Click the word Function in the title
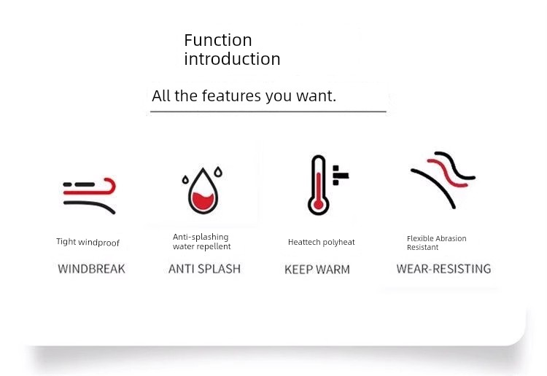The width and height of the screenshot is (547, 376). (x=218, y=40)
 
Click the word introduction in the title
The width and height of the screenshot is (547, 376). (x=233, y=58)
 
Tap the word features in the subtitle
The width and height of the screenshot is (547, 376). (x=231, y=95)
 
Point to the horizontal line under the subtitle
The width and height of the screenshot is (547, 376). (x=268, y=111)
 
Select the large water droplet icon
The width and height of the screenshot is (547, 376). (x=203, y=191)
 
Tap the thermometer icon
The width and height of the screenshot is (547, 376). (x=318, y=185)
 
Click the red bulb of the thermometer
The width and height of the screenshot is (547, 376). (x=318, y=205)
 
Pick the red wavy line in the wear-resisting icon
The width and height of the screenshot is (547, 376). (x=448, y=173)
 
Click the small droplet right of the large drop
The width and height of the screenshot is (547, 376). (x=218, y=171)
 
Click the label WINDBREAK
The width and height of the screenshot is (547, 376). (x=91, y=269)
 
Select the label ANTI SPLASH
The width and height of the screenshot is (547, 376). (x=204, y=269)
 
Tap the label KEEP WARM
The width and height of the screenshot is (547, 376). (x=317, y=270)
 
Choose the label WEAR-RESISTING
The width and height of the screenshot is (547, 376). (x=443, y=269)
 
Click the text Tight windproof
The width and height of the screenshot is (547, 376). (x=88, y=242)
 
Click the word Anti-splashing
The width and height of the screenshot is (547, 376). (x=201, y=237)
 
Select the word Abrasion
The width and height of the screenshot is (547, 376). (x=451, y=238)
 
